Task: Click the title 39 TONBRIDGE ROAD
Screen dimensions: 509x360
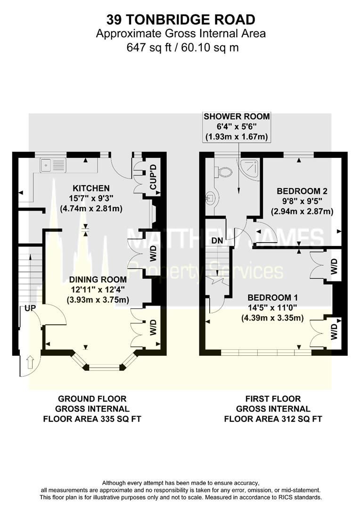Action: click(x=180, y=19)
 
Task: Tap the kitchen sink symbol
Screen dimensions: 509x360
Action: click(x=52, y=164)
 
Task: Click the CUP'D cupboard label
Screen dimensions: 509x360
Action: click(x=153, y=177)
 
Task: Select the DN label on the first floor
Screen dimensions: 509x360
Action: click(x=217, y=240)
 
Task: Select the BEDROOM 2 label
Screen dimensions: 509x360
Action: click(x=302, y=191)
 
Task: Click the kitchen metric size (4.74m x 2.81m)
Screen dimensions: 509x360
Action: click(x=91, y=208)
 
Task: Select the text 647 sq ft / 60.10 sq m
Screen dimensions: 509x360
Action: click(x=180, y=47)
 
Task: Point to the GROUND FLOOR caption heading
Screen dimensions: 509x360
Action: click(x=92, y=399)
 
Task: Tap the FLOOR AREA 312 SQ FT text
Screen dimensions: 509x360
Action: click(x=273, y=419)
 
